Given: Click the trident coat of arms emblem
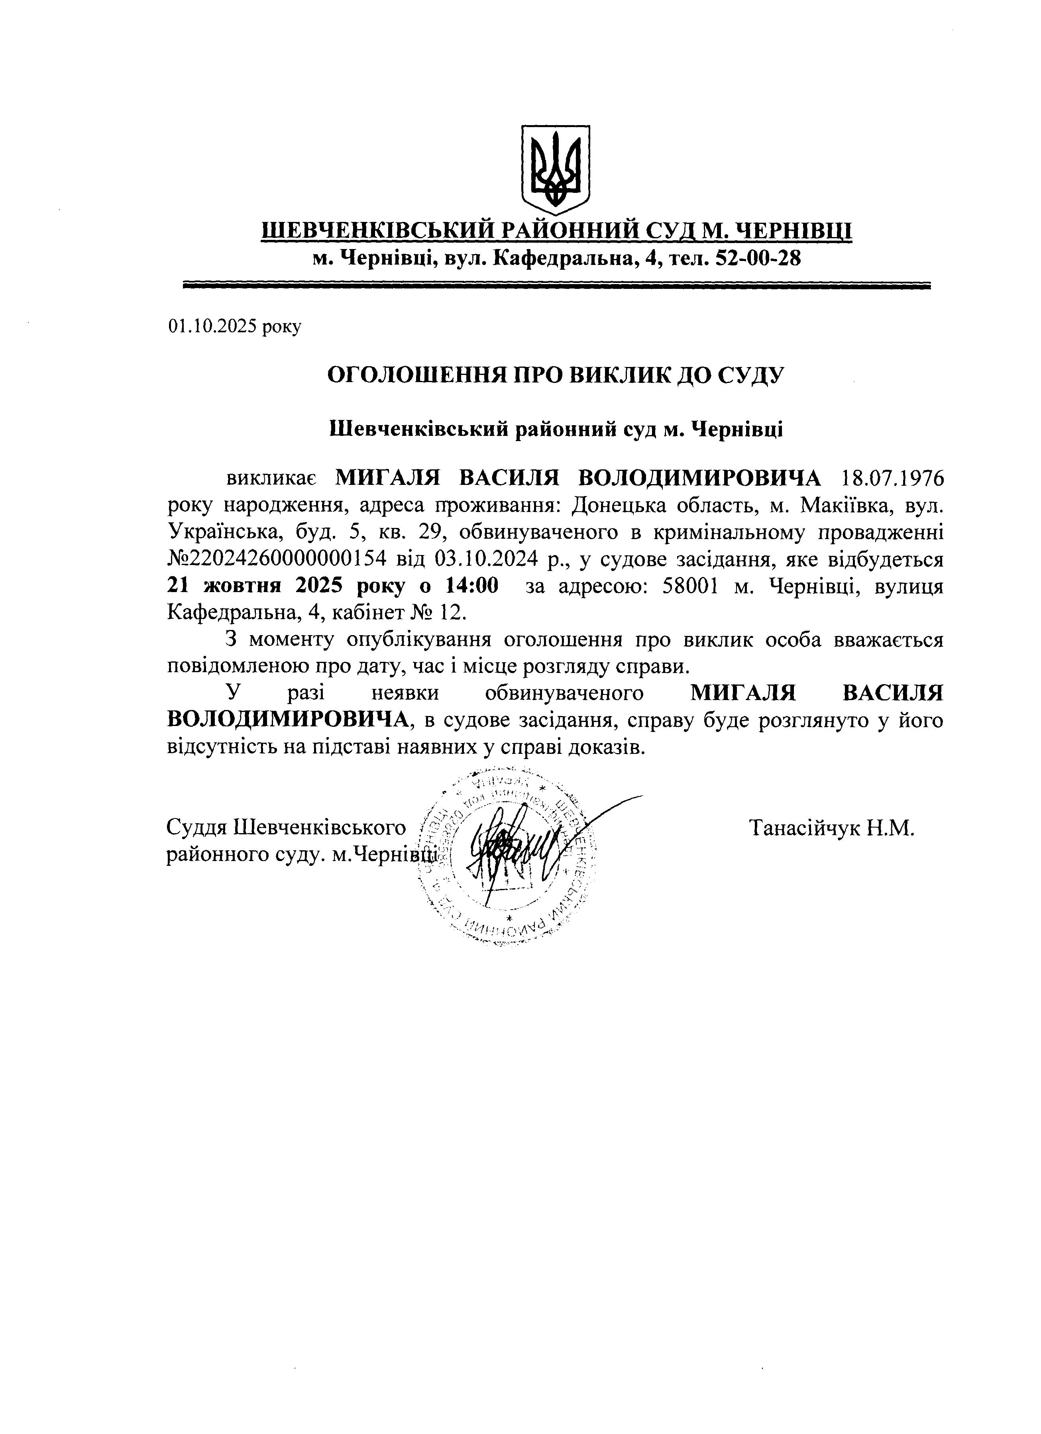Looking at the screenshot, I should pyautogui.click(x=555, y=169).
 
